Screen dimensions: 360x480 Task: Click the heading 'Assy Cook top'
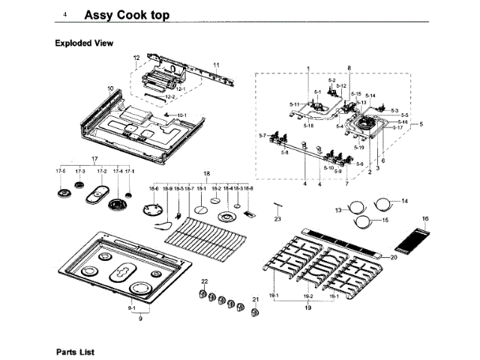pos(127,15)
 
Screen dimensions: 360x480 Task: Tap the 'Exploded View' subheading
pos(84,43)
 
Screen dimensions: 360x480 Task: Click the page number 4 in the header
pos(65,15)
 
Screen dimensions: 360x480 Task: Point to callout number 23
pos(277,219)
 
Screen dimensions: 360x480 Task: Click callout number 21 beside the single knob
pos(254,300)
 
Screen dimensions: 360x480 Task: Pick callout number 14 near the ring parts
pos(404,201)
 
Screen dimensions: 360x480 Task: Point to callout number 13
pos(338,210)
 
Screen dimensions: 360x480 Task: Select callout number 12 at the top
pos(136,58)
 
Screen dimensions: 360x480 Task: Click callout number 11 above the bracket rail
pos(216,66)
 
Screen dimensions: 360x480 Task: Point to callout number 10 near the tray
pos(110,88)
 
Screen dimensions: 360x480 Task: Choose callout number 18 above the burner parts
pos(206,173)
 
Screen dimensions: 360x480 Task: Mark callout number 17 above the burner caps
pos(94,160)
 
